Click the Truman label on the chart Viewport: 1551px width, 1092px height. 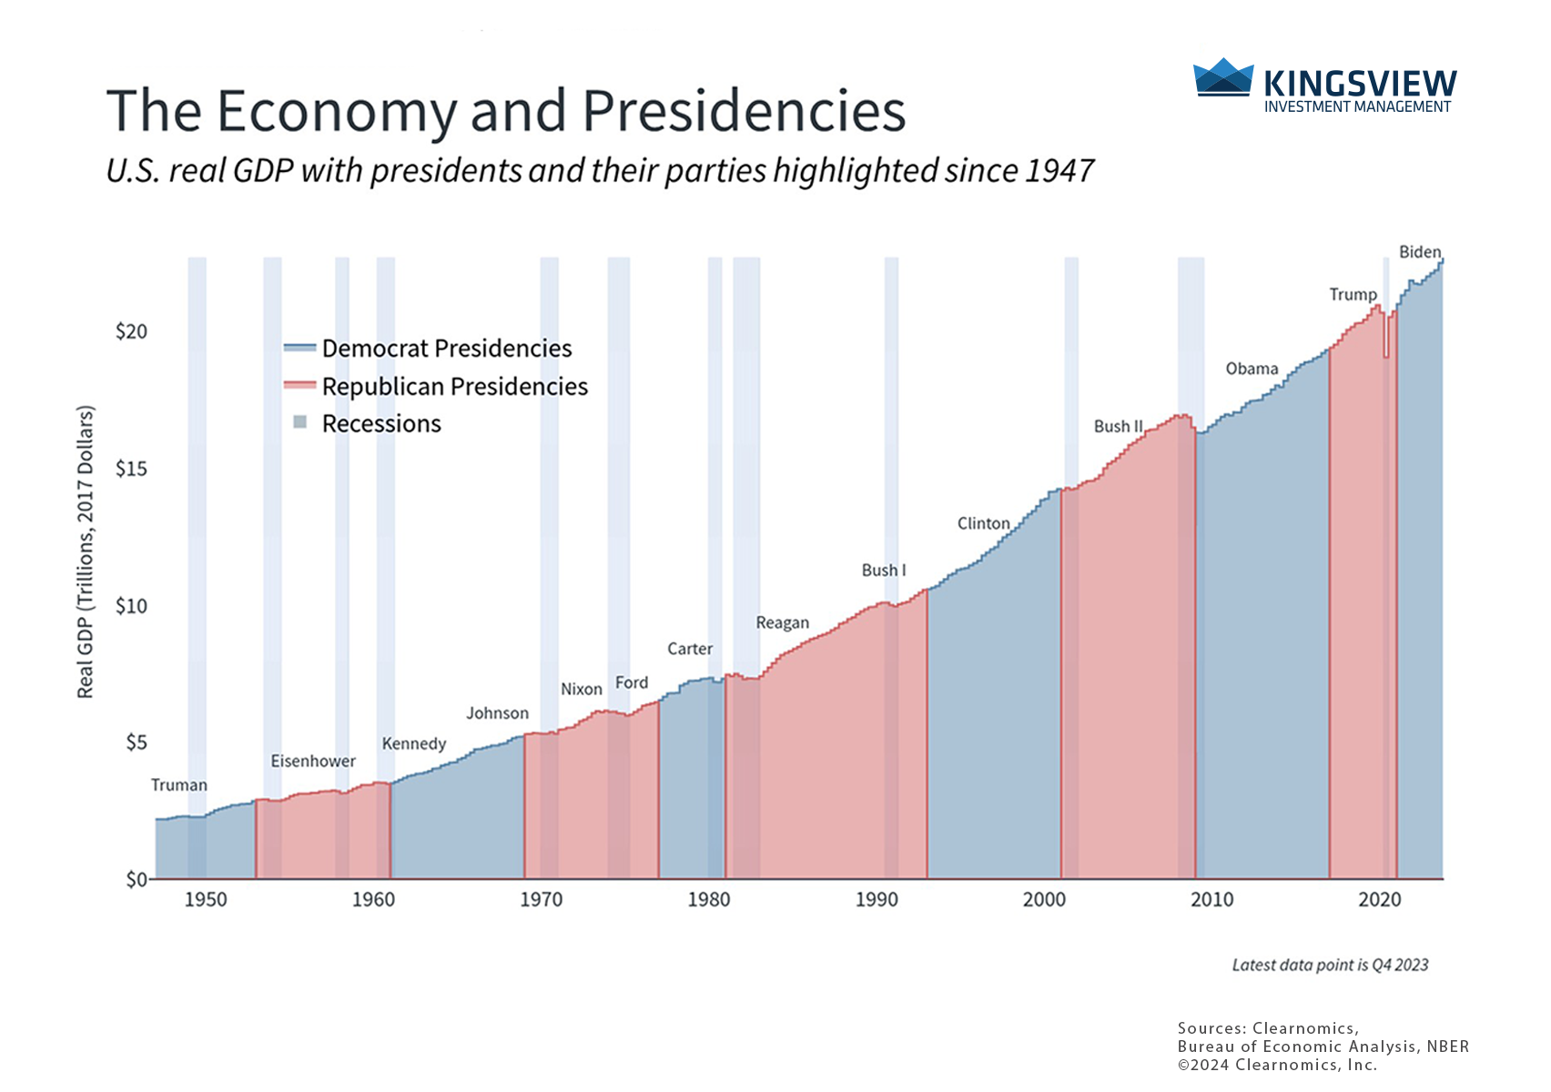point(179,785)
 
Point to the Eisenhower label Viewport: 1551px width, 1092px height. point(313,761)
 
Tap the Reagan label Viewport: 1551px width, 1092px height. point(782,622)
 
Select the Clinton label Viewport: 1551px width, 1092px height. point(983,523)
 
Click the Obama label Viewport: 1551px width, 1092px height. point(1252,369)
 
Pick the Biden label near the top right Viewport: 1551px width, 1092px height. point(1420,252)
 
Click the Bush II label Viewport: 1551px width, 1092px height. point(1118,426)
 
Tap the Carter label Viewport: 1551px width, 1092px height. point(690,649)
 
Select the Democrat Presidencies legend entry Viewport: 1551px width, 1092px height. point(446,349)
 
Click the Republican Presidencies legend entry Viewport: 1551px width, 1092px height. point(454,387)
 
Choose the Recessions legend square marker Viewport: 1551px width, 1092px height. point(300,422)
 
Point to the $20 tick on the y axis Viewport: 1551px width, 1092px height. point(131,331)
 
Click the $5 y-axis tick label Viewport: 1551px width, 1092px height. point(136,743)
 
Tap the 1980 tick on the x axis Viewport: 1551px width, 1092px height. point(708,900)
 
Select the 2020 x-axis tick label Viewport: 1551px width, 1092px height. point(1379,900)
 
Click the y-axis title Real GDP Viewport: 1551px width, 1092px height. point(86,551)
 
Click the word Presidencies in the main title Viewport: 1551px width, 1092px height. point(744,111)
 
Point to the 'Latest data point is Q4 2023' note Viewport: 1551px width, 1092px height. point(1330,965)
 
